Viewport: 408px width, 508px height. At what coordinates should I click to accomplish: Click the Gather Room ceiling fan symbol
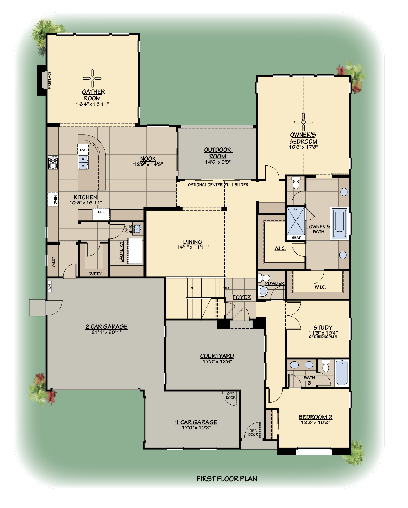92,78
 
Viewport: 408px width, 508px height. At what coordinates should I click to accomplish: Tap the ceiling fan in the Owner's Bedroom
303,122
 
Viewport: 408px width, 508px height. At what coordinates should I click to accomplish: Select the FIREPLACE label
49,80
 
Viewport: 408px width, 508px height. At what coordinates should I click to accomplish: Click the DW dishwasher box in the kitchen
83,150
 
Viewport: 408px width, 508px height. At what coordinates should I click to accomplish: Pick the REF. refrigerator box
101,212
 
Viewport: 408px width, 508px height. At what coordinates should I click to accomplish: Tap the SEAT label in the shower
296,237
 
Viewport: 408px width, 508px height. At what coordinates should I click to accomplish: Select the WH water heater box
49,287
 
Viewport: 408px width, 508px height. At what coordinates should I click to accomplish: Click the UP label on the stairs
228,288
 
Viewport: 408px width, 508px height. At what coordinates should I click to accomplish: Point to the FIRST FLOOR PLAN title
227,479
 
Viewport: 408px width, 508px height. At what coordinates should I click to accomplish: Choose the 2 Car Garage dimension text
106,332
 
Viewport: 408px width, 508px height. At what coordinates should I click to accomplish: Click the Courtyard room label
217,356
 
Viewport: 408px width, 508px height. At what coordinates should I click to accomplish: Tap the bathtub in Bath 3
342,373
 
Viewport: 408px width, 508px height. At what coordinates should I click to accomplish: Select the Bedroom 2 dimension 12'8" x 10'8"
315,422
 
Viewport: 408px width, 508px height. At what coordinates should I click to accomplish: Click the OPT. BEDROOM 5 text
323,337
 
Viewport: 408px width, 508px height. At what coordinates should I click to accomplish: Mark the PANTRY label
95,273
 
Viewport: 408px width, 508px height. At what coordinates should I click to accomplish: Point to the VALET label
54,262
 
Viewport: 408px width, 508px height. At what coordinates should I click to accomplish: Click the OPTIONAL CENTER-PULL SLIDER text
218,185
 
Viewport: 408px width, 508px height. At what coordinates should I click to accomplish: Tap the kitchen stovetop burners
53,162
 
